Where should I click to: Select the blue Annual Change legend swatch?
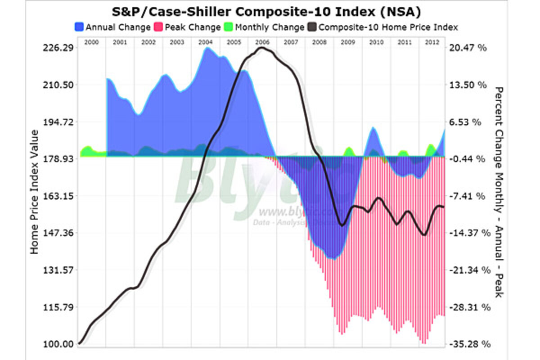79,27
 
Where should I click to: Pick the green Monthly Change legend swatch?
227,27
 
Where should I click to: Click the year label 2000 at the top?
91,41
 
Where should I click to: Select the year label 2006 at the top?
262,41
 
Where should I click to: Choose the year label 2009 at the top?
347,41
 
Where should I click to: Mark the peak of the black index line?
264,48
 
